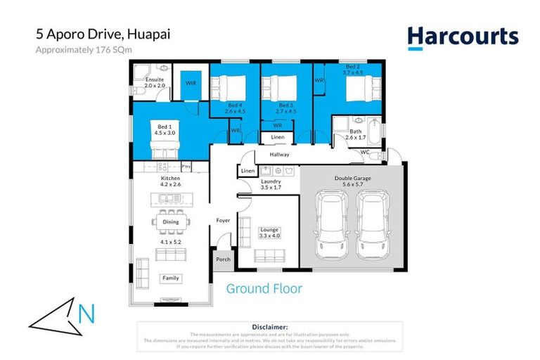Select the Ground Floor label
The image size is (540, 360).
(x=264, y=288)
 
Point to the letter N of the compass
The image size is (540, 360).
(x=86, y=314)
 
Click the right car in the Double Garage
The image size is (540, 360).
(x=371, y=224)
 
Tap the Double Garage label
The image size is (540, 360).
(x=353, y=179)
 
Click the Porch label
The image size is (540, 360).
(x=223, y=259)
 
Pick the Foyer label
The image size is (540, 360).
(x=223, y=221)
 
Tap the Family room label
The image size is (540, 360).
(x=171, y=278)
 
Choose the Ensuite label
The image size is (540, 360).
(x=154, y=80)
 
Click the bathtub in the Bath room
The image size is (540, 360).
(x=374, y=131)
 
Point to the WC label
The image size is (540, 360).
(x=364, y=152)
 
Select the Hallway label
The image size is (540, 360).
(x=279, y=155)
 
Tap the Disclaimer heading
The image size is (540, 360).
(x=269, y=327)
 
